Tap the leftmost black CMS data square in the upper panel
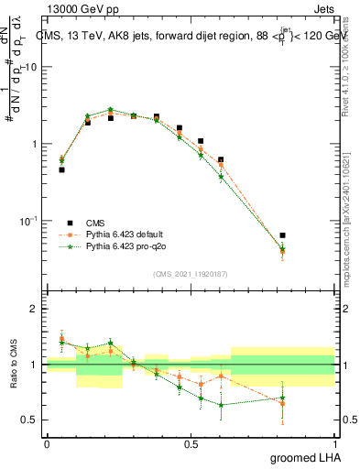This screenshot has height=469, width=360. (61, 169)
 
